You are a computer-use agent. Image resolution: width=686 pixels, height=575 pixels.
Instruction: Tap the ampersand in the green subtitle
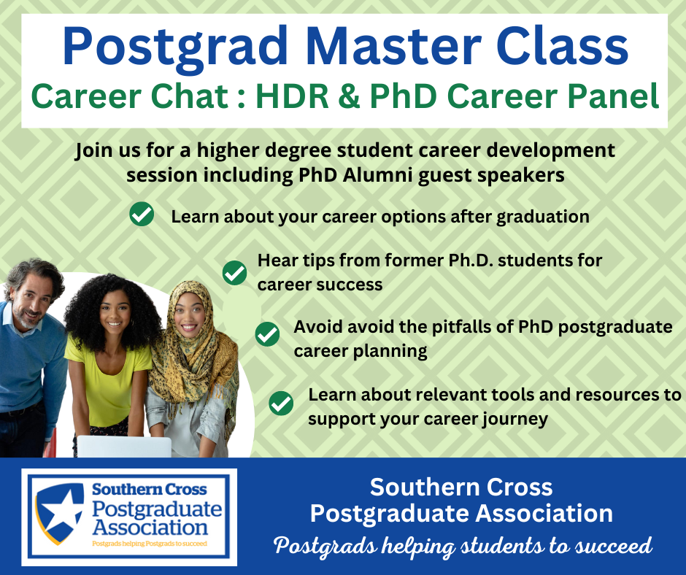[349, 96]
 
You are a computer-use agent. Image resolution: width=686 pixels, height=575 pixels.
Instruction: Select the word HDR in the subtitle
[292, 96]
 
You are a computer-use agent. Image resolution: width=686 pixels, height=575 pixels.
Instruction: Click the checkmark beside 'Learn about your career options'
[142, 214]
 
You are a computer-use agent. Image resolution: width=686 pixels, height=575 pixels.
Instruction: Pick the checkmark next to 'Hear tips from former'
[234, 273]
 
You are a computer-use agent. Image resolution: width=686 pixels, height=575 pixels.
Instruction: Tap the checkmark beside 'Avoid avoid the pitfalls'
[267, 334]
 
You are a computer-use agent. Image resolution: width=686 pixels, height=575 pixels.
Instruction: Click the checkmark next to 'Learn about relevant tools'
[281, 403]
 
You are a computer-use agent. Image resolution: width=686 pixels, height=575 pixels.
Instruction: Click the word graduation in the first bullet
[543, 217]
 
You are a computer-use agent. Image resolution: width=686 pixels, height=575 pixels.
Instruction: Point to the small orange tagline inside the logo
[150, 544]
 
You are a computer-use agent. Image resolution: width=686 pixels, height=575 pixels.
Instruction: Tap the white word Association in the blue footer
[544, 513]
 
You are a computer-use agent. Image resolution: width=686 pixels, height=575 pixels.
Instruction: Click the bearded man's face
[30, 303]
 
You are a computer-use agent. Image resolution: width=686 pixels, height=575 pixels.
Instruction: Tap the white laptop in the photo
[124, 447]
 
